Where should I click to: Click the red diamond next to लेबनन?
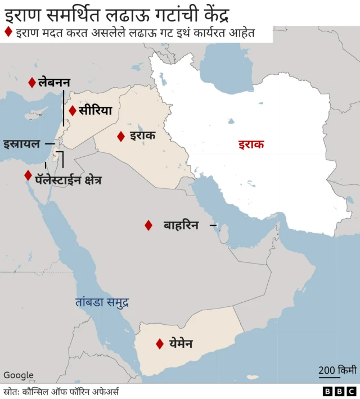click(x=32, y=83)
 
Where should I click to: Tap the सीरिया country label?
click(x=95, y=111)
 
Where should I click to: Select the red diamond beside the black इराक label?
click(x=121, y=136)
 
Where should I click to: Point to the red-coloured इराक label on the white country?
click(x=250, y=144)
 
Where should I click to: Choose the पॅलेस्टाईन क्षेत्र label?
click(x=68, y=180)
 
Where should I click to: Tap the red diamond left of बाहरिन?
click(x=148, y=225)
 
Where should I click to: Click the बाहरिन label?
click(x=181, y=225)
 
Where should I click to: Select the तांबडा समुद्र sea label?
click(x=102, y=302)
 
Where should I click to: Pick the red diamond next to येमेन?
click(x=160, y=343)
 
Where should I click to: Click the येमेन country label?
click(x=181, y=343)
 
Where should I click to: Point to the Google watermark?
click(x=19, y=375)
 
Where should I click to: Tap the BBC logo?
click(x=339, y=391)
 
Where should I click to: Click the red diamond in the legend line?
click(x=8, y=33)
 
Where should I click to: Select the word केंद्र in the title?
click(x=211, y=12)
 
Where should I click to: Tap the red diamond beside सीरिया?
click(x=72, y=111)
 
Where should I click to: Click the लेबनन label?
click(x=54, y=83)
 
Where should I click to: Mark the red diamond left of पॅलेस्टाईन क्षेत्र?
click(x=28, y=175)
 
